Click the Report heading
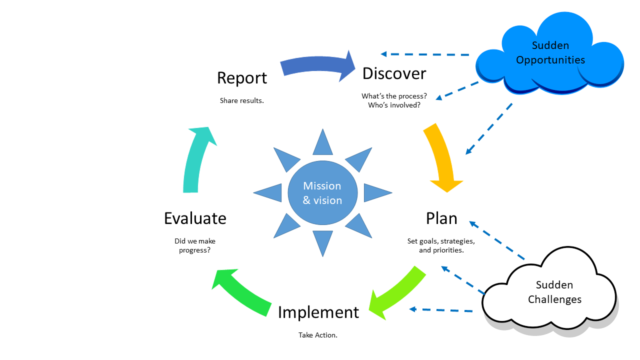point(242,78)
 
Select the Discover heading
point(394,73)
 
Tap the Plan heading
point(441,218)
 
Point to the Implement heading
point(318,312)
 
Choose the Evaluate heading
point(195,218)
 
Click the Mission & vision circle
point(322,193)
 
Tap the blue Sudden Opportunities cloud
point(550,53)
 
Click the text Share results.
point(242,100)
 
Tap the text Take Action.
point(318,335)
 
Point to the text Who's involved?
point(394,105)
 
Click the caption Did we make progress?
point(195,245)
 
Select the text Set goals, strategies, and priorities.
point(441,245)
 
